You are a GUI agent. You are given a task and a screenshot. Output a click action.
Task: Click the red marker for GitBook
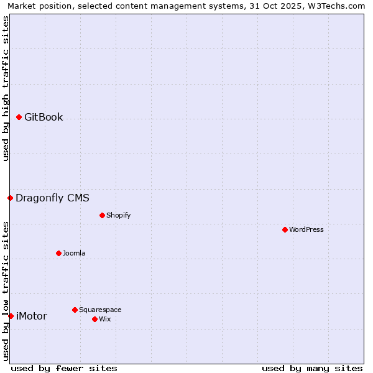tap(19, 117)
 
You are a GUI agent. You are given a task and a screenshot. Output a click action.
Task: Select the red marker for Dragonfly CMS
tap(10, 198)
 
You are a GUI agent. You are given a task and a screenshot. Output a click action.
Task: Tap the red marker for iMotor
tap(11, 316)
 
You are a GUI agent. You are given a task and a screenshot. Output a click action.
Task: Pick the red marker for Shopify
tap(102, 215)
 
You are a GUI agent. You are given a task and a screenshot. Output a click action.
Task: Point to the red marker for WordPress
tap(285, 229)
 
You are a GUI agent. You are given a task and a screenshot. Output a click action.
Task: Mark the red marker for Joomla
tap(58, 253)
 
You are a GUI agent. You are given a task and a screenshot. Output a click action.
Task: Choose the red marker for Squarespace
tap(75, 310)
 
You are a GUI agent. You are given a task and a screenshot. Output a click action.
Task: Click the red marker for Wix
tap(94, 319)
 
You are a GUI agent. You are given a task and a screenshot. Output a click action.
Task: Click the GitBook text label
tap(44, 117)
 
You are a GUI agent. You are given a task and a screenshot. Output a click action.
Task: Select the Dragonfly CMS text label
tap(52, 198)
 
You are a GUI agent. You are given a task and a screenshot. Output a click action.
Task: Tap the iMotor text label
tap(31, 316)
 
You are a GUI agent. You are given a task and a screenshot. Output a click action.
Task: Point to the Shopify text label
tap(118, 215)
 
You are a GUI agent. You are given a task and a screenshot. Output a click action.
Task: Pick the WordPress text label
tap(306, 229)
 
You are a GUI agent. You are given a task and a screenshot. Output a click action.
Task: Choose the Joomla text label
tap(74, 253)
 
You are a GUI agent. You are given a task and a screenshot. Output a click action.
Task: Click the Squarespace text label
tap(100, 310)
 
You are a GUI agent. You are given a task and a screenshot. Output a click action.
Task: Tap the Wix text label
tap(104, 319)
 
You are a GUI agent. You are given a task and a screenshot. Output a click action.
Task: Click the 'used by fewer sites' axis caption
tap(64, 368)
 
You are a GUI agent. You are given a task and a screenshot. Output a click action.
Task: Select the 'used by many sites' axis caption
tap(312, 368)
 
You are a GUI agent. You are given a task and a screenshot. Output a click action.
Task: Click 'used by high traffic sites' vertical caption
tap(6, 88)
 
